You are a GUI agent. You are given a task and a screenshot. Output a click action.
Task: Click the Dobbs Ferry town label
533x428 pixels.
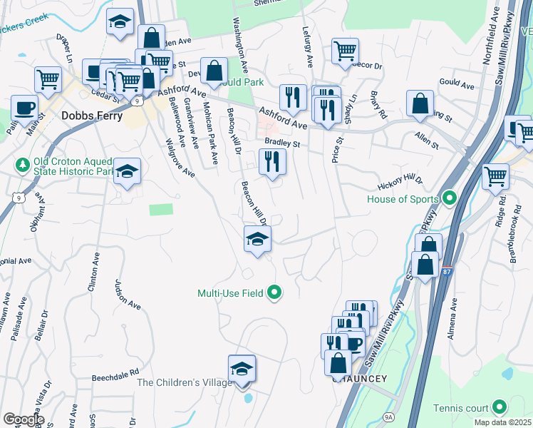point(92,115)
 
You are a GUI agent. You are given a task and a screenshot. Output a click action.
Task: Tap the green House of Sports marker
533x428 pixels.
point(449,198)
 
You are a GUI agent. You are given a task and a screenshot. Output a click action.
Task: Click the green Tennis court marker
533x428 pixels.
point(500,408)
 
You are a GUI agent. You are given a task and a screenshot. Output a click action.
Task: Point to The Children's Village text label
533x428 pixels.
point(185,382)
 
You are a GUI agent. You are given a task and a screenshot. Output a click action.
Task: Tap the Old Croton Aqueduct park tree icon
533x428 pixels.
point(22,165)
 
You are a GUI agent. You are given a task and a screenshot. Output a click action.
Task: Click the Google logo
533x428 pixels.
point(24,419)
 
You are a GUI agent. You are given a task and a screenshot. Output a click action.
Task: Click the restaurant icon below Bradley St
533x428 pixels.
point(272,162)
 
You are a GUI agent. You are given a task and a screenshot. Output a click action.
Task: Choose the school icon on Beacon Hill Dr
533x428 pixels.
point(257,239)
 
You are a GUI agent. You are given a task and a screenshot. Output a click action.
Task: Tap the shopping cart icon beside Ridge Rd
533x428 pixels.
point(495,175)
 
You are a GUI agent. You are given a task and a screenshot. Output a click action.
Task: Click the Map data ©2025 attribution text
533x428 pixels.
point(503,422)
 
